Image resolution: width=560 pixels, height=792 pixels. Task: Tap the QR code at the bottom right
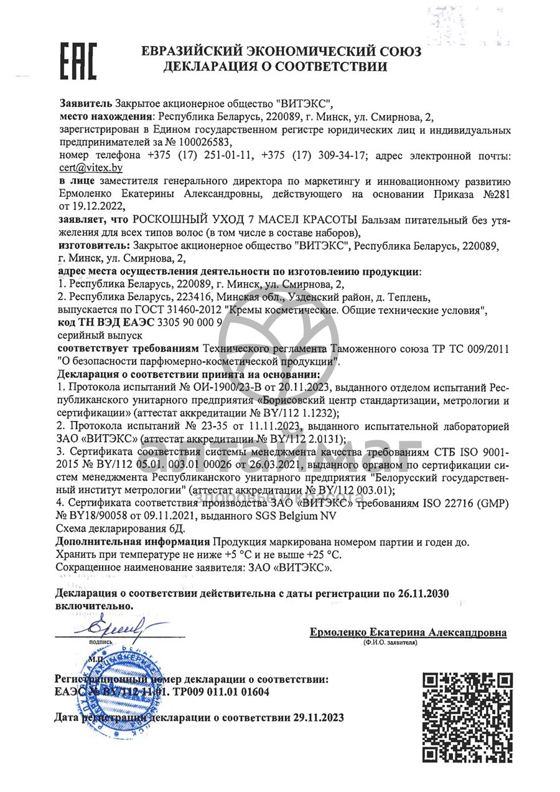coord(467,717)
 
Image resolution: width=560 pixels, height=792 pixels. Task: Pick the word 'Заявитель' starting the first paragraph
coord(86,103)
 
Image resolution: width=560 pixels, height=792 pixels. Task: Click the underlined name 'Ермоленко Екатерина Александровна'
coord(408,632)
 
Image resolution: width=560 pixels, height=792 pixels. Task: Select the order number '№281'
coord(492,194)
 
